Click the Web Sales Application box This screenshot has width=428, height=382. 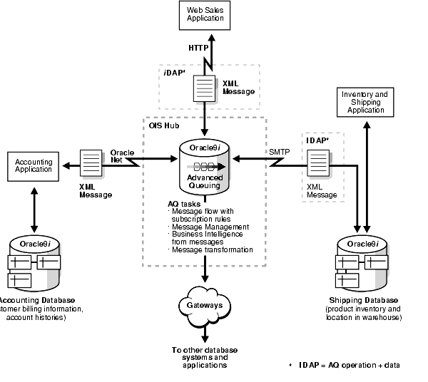205,15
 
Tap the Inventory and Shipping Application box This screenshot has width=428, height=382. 365,103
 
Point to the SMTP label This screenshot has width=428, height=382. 279,153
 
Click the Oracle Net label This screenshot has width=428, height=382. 123,157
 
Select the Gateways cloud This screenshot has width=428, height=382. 205,305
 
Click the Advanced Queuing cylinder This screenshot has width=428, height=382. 205,170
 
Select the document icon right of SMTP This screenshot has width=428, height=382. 317,165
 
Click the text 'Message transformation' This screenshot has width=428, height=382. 212,250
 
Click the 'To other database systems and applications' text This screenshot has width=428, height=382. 205,358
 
